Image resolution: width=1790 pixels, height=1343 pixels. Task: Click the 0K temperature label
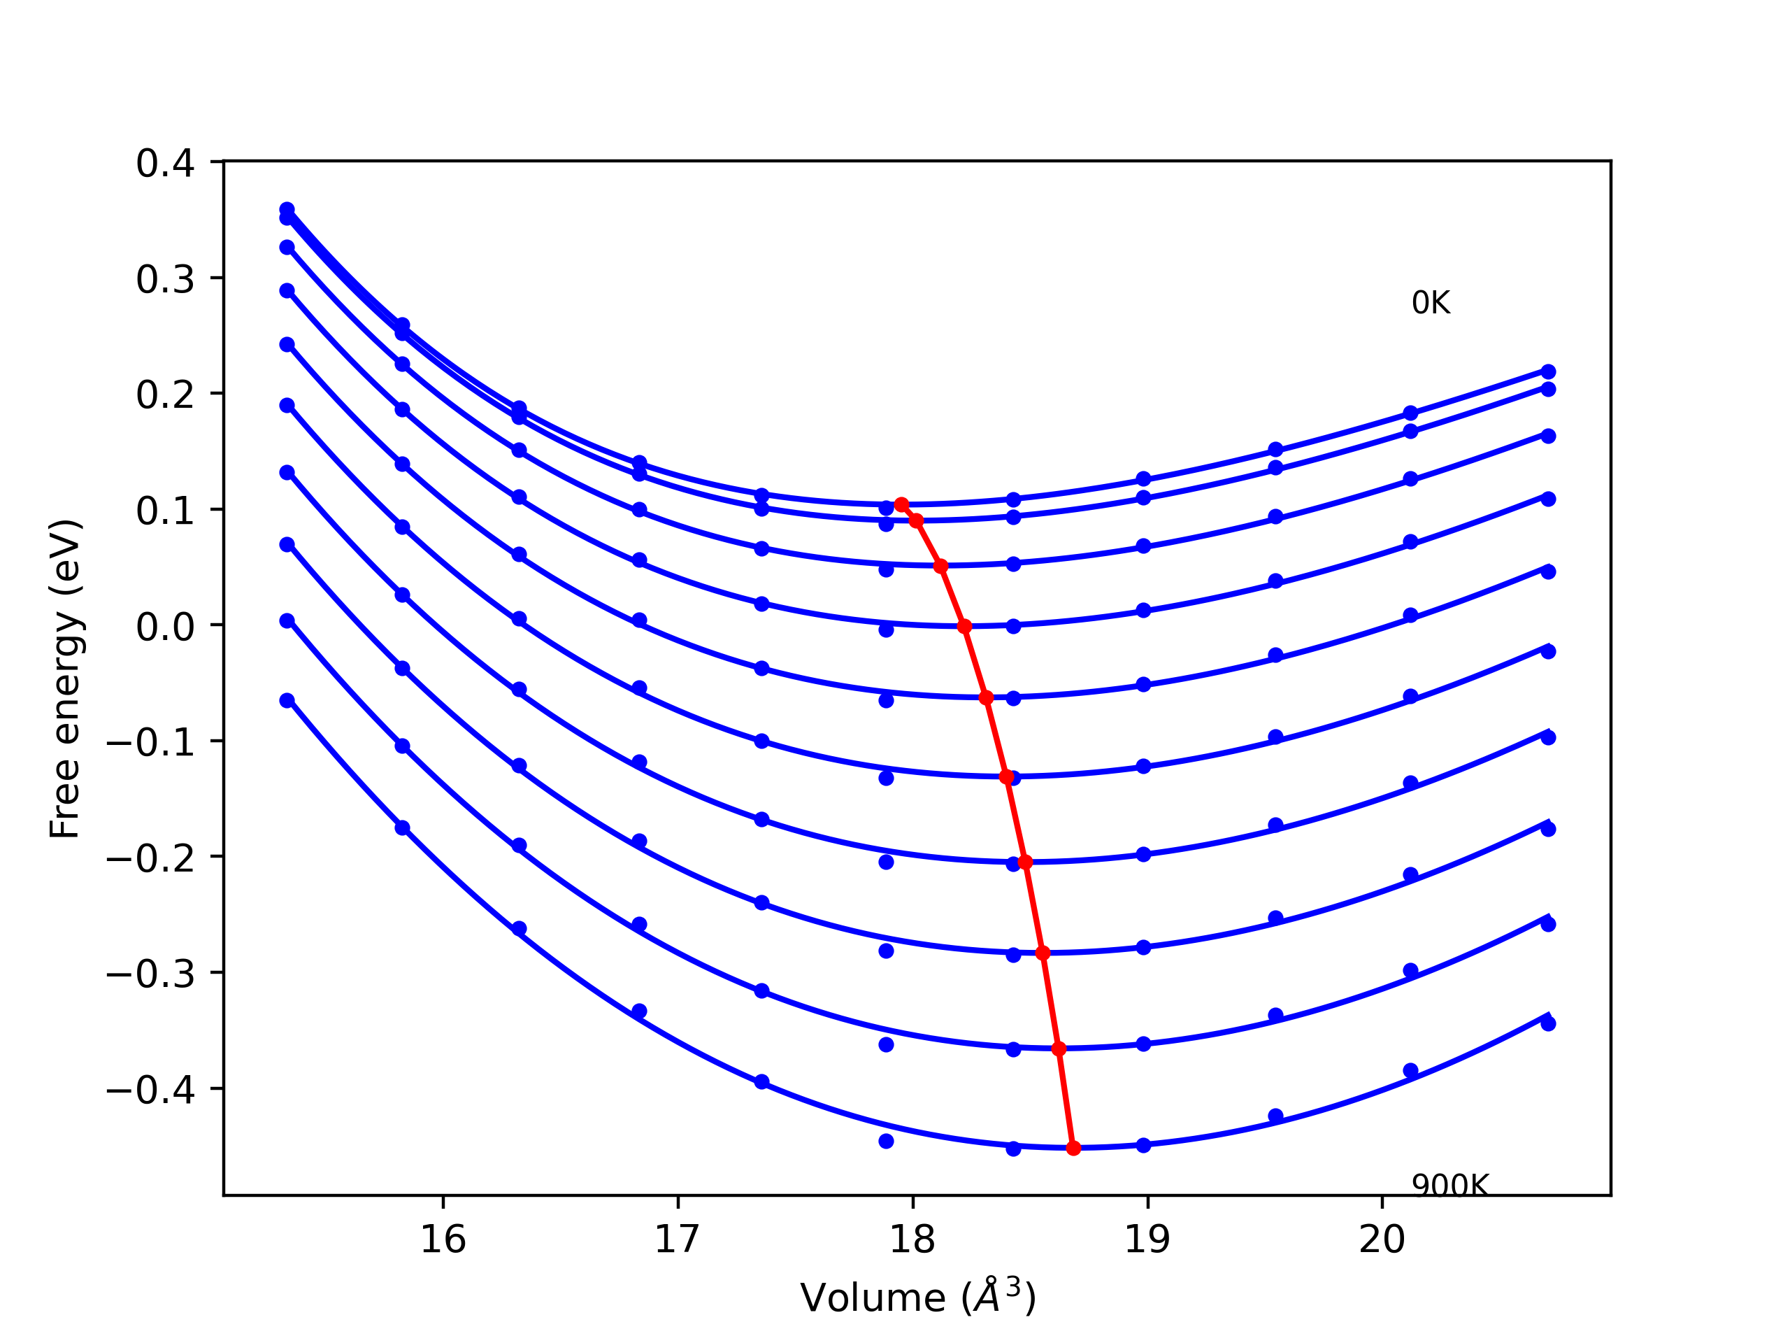[x=1431, y=303]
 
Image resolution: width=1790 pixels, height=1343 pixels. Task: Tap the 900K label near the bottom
[x=1449, y=1186]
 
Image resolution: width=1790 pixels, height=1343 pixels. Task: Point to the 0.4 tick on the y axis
[x=165, y=164]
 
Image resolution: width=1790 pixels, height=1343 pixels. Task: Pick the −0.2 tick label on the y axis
[x=150, y=859]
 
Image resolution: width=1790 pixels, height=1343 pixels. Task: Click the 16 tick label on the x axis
[x=443, y=1240]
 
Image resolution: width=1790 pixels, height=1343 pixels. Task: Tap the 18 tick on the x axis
[x=912, y=1240]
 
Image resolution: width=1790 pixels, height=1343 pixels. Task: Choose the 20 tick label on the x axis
[x=1382, y=1240]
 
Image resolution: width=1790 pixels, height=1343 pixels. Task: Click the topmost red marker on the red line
[x=901, y=504]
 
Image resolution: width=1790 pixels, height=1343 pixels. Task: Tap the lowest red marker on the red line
[x=1073, y=1148]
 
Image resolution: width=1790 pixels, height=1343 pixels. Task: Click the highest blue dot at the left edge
[x=287, y=210]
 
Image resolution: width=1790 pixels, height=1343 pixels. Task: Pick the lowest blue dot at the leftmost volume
[x=287, y=700]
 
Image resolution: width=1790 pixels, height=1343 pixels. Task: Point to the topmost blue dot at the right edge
[x=1548, y=371]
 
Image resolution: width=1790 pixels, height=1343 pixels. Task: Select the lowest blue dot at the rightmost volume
[x=1548, y=1023]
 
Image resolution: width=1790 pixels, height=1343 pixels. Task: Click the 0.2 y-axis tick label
[x=165, y=396]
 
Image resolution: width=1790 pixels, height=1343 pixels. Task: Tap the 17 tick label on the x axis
[x=678, y=1240]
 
